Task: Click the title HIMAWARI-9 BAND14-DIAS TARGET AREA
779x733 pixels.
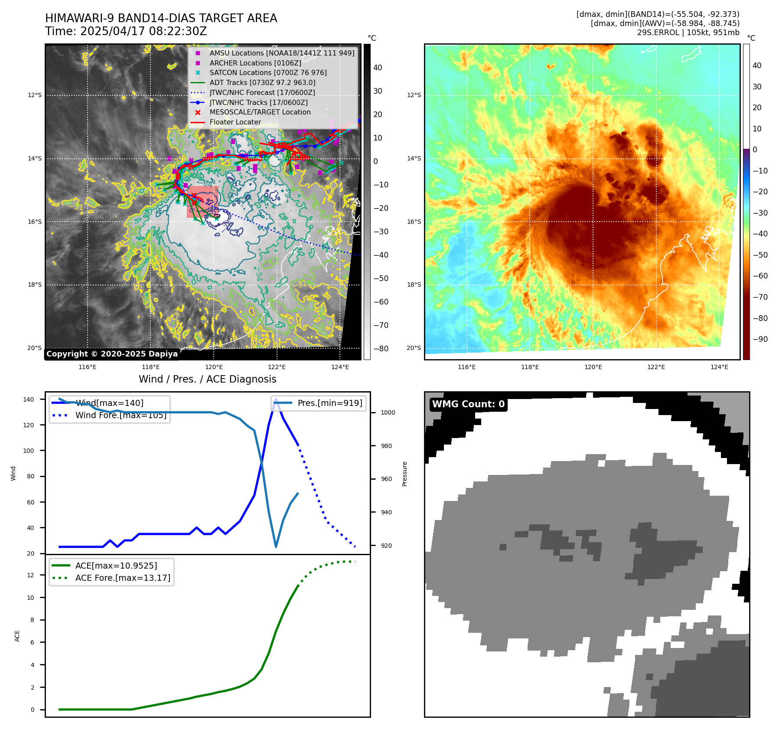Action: tap(161, 18)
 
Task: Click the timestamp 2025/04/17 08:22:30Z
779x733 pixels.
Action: tap(143, 32)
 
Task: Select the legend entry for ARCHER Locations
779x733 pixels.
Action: tap(255, 63)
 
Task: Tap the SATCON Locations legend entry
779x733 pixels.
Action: tap(268, 73)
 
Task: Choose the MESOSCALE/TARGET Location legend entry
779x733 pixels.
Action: tap(260, 112)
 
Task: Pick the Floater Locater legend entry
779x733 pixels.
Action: tap(235, 122)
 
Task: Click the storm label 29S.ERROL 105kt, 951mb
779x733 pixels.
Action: tap(688, 33)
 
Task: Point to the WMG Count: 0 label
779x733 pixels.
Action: tap(468, 404)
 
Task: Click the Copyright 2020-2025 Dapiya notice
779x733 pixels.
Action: tap(112, 354)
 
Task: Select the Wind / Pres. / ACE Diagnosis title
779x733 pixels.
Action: tap(207, 379)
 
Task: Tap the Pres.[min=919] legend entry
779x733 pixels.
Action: tap(329, 403)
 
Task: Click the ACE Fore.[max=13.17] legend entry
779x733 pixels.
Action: tap(122, 578)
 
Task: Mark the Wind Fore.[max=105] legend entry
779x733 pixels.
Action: tap(121, 415)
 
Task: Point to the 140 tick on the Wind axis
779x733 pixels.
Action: tap(29, 399)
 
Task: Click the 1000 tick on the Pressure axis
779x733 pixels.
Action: tap(388, 412)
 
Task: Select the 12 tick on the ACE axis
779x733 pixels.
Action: tap(30, 575)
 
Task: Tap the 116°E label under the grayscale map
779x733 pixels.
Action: tap(88, 367)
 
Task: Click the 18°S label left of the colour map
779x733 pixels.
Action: tap(414, 285)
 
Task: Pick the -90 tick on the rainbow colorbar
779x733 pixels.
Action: tap(760, 339)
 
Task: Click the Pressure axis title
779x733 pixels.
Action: tap(404, 474)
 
